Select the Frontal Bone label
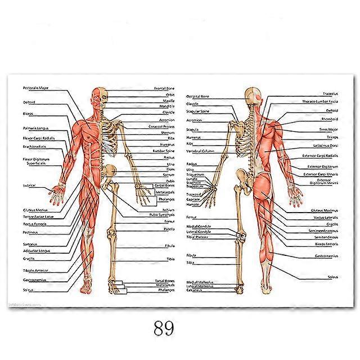click(x=165, y=89)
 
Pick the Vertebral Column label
click(x=200, y=151)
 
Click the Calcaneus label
click(x=194, y=291)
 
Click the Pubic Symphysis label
click(x=161, y=214)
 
